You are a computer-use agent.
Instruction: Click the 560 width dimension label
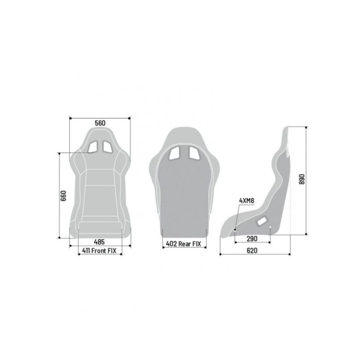(100, 123)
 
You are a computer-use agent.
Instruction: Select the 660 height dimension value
(63, 195)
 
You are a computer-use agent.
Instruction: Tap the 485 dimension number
(99, 242)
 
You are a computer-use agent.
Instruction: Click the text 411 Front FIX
(99, 251)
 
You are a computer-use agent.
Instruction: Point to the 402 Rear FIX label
(183, 244)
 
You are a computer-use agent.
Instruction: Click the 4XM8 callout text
(246, 201)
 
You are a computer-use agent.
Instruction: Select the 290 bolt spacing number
(252, 239)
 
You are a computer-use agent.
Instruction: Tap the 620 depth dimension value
(252, 250)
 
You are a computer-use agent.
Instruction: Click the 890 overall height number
(302, 179)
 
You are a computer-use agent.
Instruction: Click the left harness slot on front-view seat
(93, 147)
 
